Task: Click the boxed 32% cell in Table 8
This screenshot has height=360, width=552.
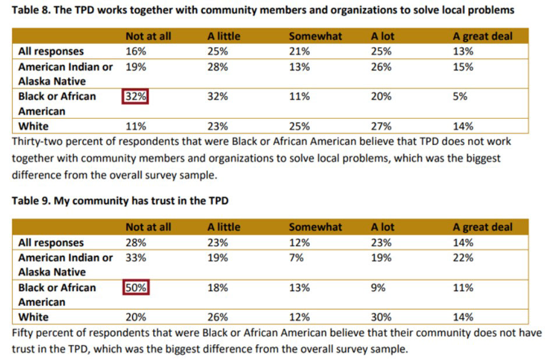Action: click(x=136, y=97)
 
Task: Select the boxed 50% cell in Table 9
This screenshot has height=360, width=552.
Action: click(x=136, y=288)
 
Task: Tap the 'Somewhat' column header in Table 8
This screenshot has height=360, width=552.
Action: click(x=316, y=36)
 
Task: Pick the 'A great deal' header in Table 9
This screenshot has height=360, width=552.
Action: click(x=483, y=227)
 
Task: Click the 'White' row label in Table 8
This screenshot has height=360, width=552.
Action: click(x=34, y=126)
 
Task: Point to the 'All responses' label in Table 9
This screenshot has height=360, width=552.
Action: click(x=51, y=243)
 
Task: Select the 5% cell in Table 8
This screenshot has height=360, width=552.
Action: click(x=460, y=97)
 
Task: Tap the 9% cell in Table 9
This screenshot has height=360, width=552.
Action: click(x=378, y=288)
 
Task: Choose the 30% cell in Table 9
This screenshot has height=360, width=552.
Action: click(x=381, y=317)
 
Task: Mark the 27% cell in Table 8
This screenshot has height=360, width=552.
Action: click(x=381, y=126)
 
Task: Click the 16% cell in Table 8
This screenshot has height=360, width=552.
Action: click(x=136, y=52)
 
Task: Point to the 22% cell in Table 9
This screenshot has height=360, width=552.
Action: click(x=463, y=257)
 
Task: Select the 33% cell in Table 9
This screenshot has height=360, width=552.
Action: click(x=136, y=257)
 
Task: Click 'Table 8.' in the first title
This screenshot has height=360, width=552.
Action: click(x=30, y=10)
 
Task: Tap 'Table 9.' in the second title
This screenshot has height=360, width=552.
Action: click(x=30, y=201)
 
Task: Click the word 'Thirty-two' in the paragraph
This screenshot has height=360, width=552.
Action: click(x=36, y=142)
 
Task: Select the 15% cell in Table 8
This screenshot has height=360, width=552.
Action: click(x=463, y=67)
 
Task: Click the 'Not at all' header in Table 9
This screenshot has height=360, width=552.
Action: click(x=148, y=227)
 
